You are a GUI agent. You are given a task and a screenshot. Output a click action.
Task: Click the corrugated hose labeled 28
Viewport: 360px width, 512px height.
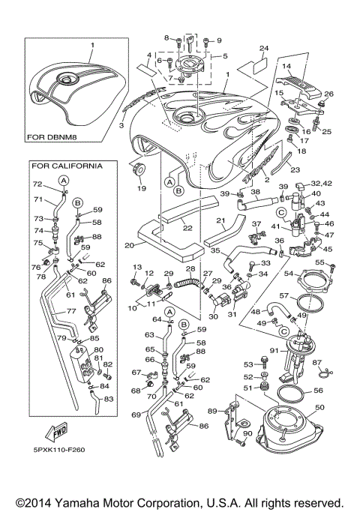[x=187, y=283]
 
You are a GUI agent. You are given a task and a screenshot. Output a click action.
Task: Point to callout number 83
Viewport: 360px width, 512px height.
[x=110, y=399]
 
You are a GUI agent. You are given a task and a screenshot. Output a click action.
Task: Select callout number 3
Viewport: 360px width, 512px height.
[x=121, y=127]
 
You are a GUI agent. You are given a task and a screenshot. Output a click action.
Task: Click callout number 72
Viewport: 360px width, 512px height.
[x=36, y=184]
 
